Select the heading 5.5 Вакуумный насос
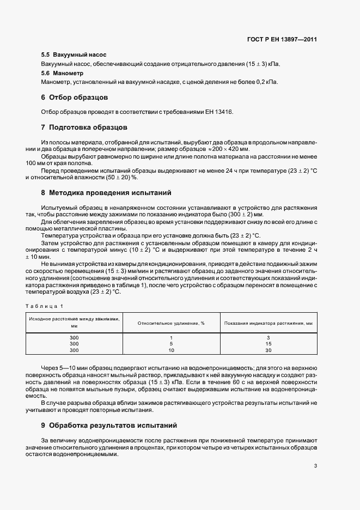(x=74, y=56)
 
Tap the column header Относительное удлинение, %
(x=171, y=323)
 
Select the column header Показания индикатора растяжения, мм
(x=269, y=323)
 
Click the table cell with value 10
(x=171, y=350)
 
